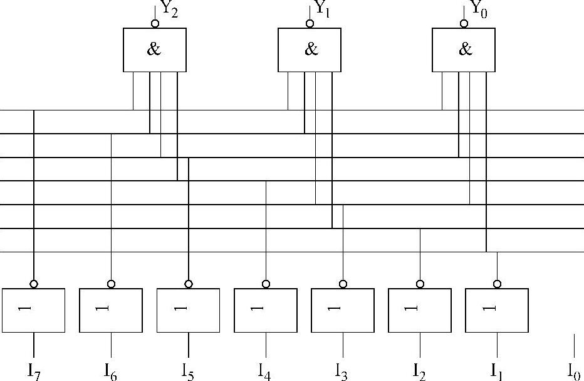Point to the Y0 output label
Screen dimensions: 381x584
point(479,10)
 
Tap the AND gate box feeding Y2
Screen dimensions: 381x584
point(155,50)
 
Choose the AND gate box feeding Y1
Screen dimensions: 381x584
point(310,50)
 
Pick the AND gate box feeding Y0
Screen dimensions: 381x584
point(464,50)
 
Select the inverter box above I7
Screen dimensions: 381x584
point(34,310)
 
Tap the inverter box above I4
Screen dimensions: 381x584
point(266,310)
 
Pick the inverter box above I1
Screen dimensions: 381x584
point(497,310)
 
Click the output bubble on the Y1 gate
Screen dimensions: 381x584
point(310,24)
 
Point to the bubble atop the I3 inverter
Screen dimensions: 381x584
point(343,284)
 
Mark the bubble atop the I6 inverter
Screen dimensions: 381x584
point(111,284)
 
